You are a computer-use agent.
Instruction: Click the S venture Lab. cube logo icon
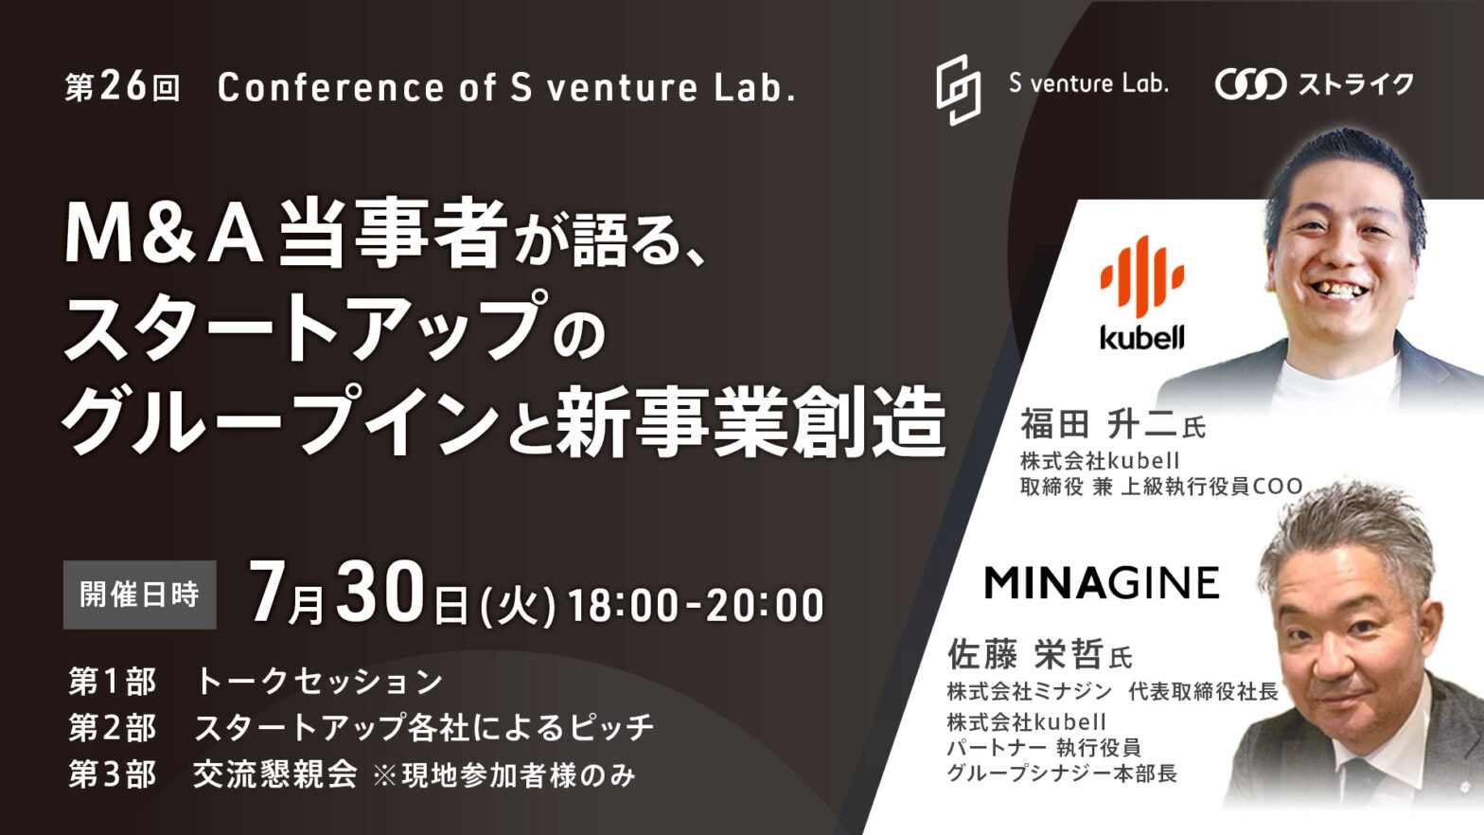958,89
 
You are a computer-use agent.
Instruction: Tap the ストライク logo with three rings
1314,84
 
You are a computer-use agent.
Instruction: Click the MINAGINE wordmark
1102,583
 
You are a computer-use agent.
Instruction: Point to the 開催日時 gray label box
140,595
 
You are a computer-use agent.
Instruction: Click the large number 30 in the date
380,593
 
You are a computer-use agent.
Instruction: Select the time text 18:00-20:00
696,605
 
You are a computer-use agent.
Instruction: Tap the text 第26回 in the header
123,87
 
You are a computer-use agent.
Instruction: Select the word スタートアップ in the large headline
306,329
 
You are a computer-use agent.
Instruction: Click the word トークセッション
319,682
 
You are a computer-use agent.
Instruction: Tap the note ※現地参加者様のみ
504,776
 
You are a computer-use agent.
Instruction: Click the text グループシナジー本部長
1062,773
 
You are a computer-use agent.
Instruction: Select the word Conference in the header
330,87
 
